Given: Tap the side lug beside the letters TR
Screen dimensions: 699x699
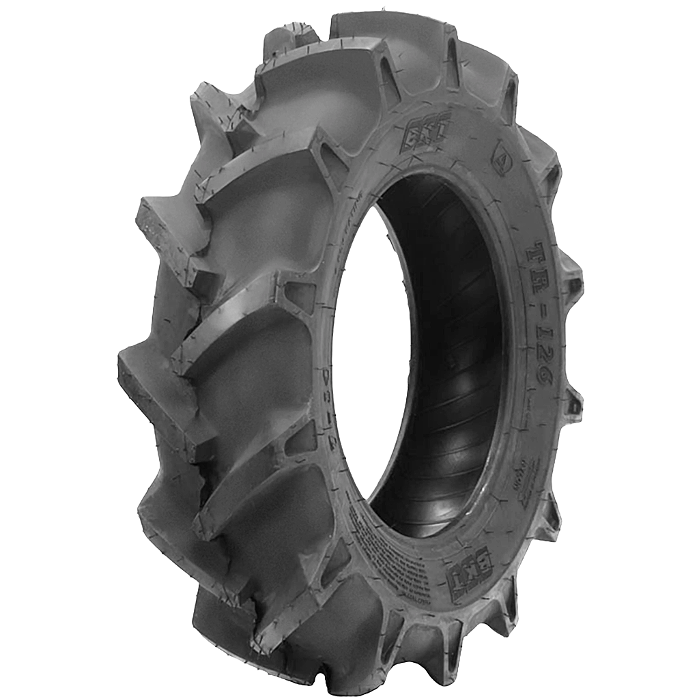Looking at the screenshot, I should (x=570, y=273).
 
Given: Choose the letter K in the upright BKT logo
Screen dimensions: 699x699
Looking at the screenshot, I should (x=427, y=128).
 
